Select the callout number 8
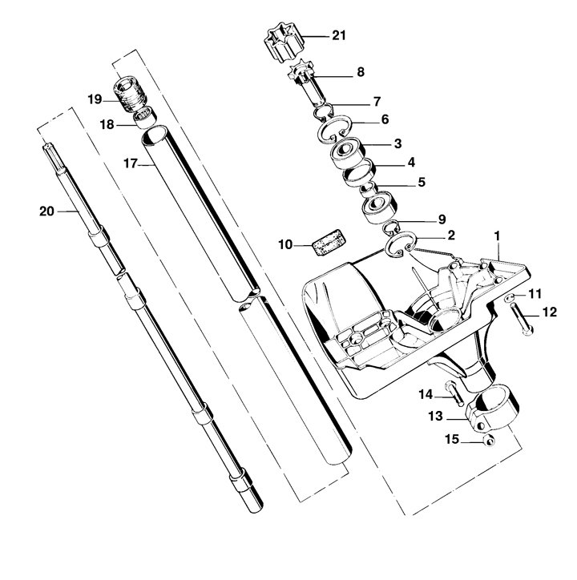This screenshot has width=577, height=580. [x=360, y=72]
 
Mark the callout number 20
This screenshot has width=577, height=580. [x=46, y=211]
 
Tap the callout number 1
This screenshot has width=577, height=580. [x=498, y=236]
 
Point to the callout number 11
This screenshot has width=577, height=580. [x=535, y=294]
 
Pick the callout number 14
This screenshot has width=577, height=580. [x=426, y=393]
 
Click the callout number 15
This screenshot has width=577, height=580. [x=452, y=439]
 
